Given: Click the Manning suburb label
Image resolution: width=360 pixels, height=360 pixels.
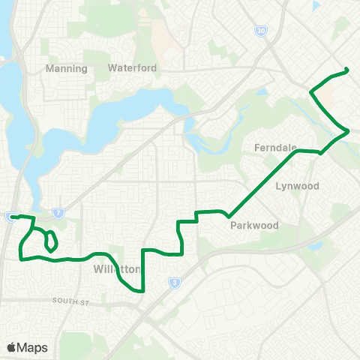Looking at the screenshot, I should [x=67, y=68].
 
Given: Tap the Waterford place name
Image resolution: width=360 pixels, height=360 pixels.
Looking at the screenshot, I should [x=132, y=67].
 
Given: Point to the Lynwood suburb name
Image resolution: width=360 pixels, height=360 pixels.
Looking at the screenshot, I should [x=297, y=186].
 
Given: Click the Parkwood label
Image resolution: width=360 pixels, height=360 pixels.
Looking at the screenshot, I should [x=254, y=225].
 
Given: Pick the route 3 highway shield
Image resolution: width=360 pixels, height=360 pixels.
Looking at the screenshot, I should [x=175, y=282].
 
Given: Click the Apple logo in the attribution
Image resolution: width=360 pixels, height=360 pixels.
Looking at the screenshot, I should [x=11, y=347].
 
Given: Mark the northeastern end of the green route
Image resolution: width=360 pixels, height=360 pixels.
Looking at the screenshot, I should [x=348, y=70].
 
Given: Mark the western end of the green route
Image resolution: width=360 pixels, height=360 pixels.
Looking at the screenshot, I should [x=12, y=217].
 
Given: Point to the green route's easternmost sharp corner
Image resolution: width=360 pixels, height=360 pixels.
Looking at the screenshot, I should [x=349, y=132].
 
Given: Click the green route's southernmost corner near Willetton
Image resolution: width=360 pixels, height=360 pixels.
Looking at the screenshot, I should [x=142, y=289].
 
